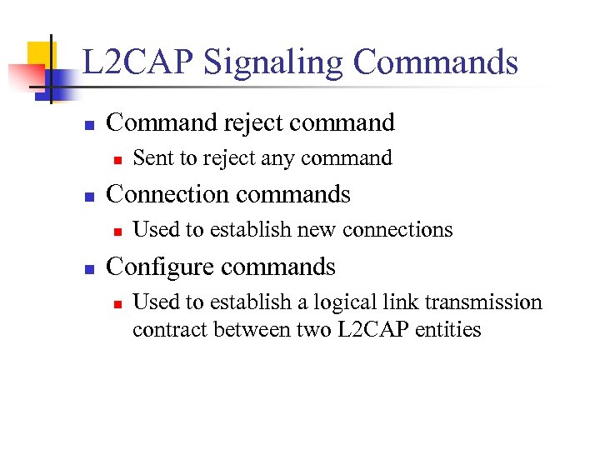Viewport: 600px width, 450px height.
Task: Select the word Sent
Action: (151, 157)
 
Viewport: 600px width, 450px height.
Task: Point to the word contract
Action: (169, 329)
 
